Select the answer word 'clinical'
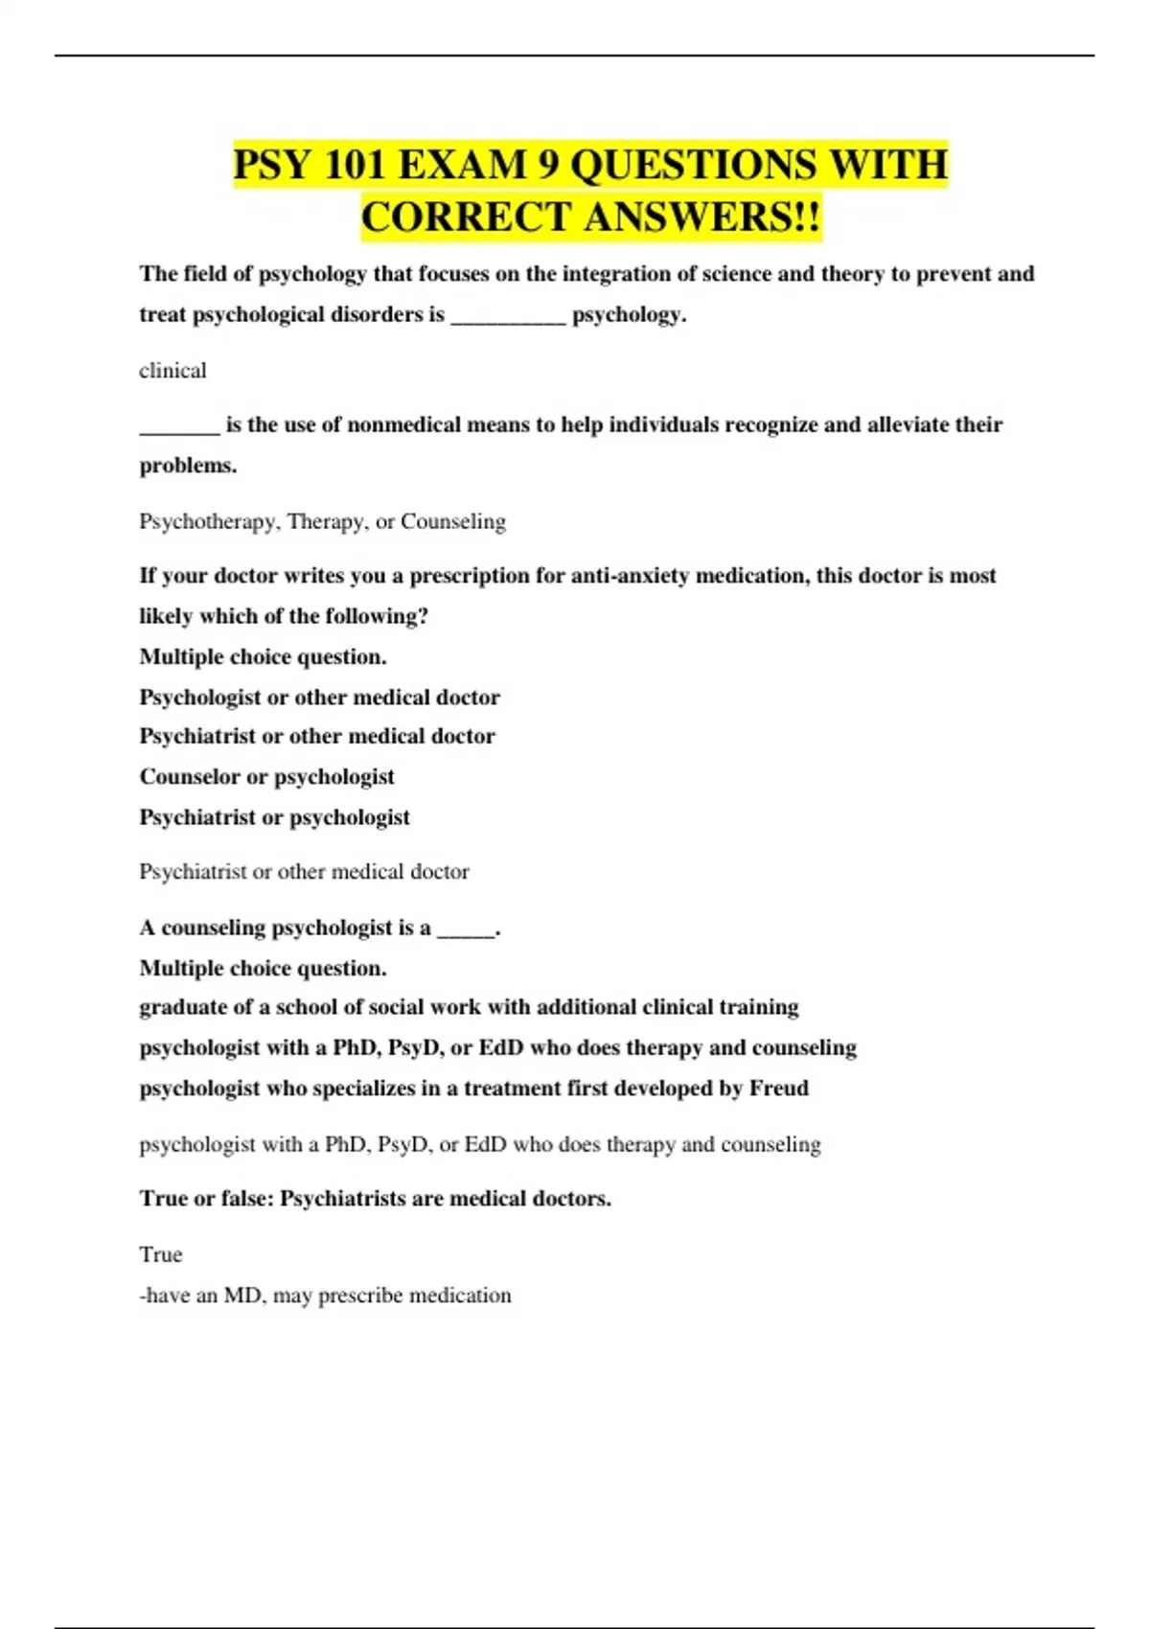[172, 371]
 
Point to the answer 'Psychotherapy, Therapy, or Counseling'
[322, 521]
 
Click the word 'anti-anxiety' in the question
[630, 576]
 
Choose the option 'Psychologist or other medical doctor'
[319, 697]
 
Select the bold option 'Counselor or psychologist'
[266, 776]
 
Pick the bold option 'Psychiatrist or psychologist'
[274, 817]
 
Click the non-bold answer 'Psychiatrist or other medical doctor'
[304, 872]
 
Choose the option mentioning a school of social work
[469, 1007]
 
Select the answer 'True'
[160, 1254]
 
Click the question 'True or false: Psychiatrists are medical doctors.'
[375, 1199]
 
